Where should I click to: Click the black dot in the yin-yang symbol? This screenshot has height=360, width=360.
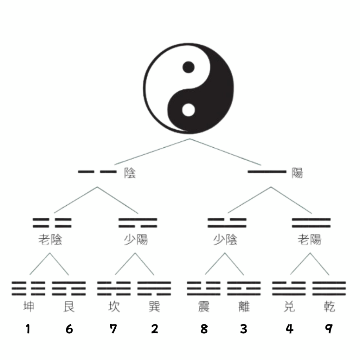[x=189, y=67]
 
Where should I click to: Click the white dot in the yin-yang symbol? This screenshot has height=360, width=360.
[x=188, y=110]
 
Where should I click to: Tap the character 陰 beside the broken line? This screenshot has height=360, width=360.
[x=130, y=173]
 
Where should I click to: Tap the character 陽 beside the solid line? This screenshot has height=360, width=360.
[x=297, y=173]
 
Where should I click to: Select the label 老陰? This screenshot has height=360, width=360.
[x=50, y=240]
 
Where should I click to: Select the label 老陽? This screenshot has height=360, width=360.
[x=309, y=240]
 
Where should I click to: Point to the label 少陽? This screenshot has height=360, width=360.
[x=136, y=240]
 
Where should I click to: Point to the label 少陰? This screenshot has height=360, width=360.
[x=225, y=240]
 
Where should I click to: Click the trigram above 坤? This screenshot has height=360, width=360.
[x=28, y=288]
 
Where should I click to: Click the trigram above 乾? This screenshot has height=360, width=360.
[x=329, y=288]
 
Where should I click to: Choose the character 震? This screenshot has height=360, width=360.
[x=204, y=307]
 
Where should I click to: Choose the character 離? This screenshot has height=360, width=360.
[x=244, y=307]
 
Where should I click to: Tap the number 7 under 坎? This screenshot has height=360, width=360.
[x=113, y=329]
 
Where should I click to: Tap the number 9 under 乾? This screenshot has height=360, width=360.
[x=329, y=329]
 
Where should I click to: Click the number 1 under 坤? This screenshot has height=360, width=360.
[x=28, y=329]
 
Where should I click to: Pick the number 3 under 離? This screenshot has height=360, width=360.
[x=244, y=329]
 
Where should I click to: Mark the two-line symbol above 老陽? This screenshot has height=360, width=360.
[x=311, y=223]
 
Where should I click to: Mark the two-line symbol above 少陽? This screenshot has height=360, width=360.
[x=138, y=223]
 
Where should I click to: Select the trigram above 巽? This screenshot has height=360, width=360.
[x=154, y=288]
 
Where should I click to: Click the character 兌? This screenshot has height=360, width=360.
[x=289, y=307]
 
